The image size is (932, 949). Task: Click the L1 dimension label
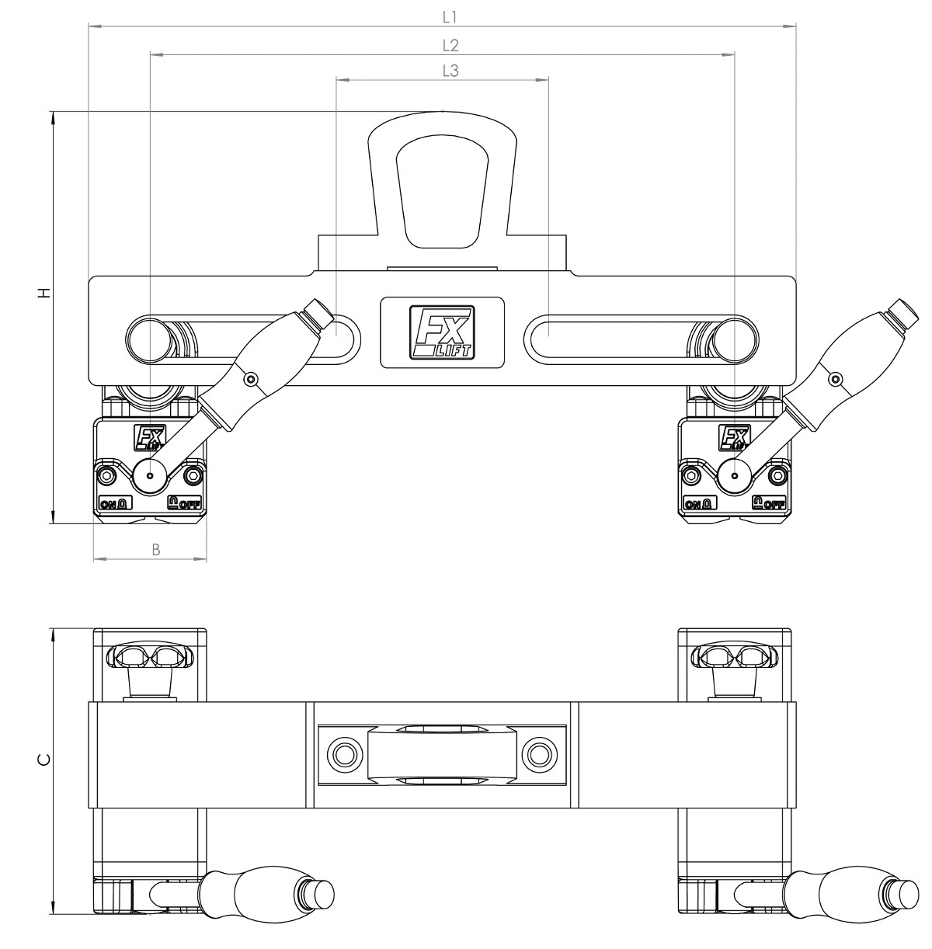pyautogui.click(x=450, y=18)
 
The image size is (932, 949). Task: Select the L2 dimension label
pyautogui.click(x=450, y=46)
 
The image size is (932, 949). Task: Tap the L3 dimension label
pyautogui.click(x=450, y=71)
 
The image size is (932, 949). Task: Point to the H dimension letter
pyautogui.click(x=45, y=292)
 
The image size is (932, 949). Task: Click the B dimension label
pyautogui.click(x=155, y=550)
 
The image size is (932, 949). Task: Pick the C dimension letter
pyautogui.click(x=43, y=760)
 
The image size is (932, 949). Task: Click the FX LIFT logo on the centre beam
pyautogui.click(x=442, y=332)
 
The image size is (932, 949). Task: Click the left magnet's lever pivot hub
pyautogui.click(x=150, y=476)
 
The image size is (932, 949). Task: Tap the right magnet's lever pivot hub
pyautogui.click(x=735, y=476)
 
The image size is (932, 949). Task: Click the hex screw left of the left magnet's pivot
pyautogui.click(x=106, y=476)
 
